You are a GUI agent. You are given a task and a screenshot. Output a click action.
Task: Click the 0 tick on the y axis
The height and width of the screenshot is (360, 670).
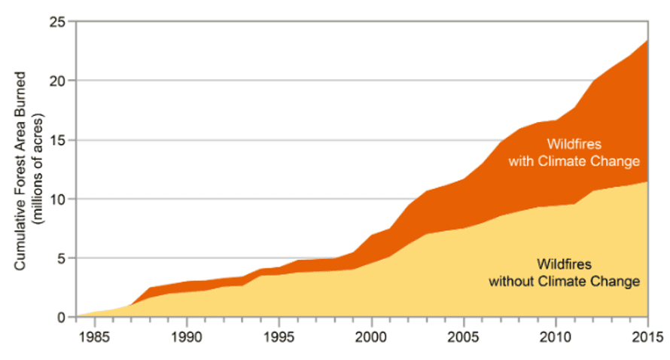pos(63,317)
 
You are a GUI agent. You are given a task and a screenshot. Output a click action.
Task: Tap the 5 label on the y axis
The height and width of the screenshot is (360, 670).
pos(63,258)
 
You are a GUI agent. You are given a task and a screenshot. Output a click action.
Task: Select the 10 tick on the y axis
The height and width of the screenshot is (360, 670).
pos(60,199)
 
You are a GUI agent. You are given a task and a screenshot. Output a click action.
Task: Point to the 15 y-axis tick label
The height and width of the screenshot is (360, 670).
pos(60,140)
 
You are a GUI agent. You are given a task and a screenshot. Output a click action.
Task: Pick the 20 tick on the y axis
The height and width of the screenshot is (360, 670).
pos(60,81)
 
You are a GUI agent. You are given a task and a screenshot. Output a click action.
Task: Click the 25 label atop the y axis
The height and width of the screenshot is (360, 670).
pos(60,22)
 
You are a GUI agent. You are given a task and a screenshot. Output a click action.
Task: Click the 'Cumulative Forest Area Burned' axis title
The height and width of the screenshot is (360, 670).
pos(22,171)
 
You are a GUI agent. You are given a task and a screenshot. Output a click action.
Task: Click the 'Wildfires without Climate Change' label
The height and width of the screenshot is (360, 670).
pos(565,273)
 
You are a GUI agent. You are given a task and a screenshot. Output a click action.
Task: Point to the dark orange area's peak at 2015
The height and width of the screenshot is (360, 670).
pos(647,41)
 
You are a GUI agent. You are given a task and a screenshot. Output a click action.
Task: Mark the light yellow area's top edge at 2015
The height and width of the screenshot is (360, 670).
pos(647,182)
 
